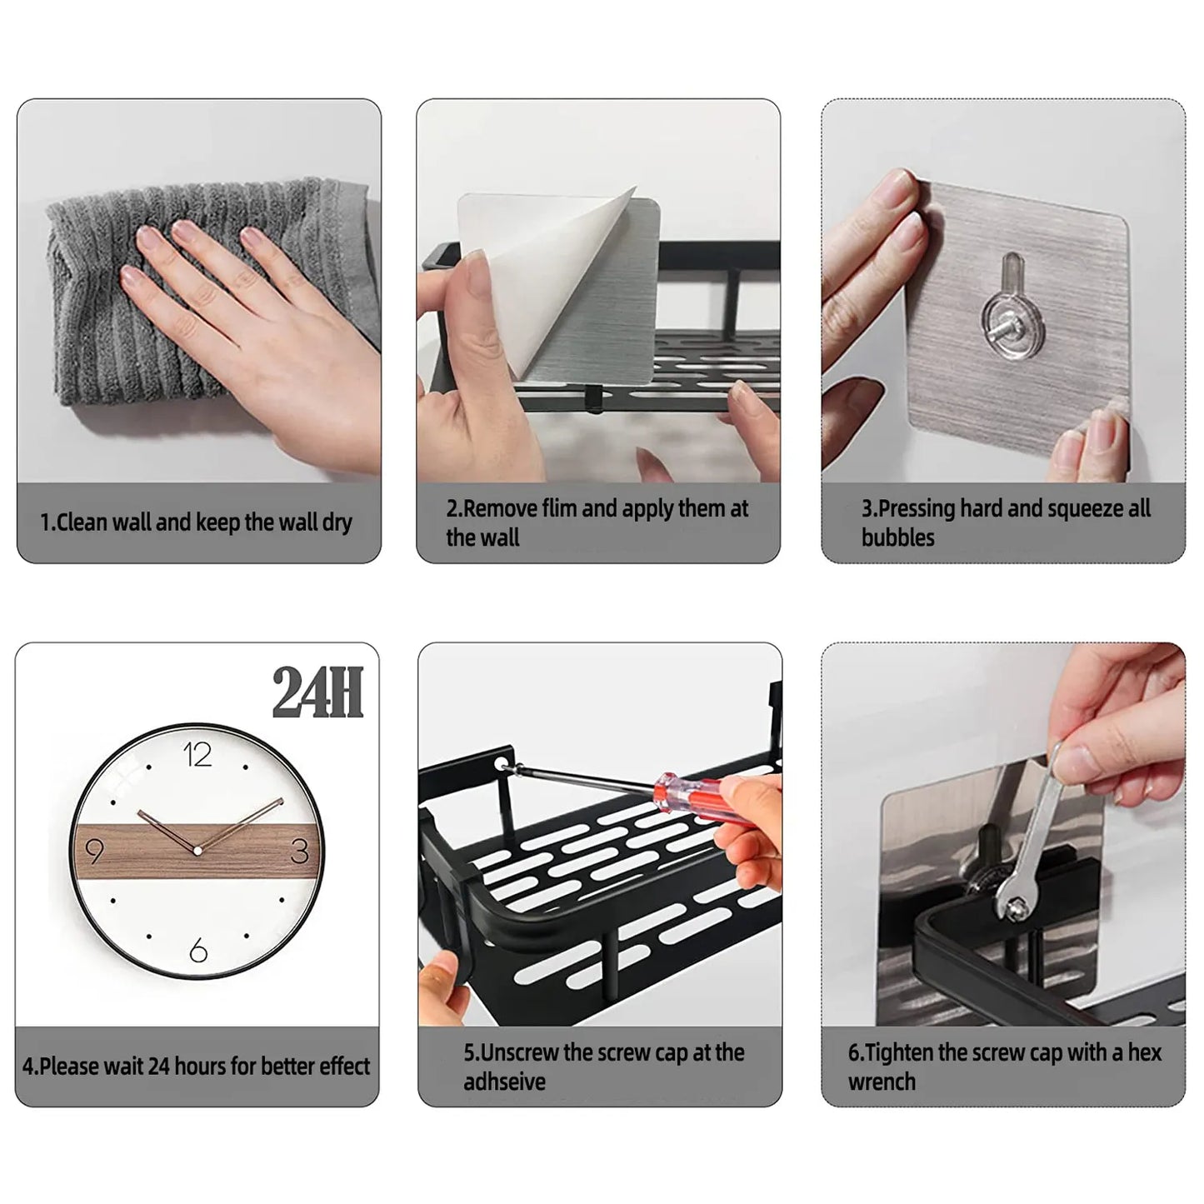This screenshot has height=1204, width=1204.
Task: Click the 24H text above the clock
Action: tap(317, 693)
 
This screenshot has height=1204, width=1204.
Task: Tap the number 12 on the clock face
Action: tap(197, 755)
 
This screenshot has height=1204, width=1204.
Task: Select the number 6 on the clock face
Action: tap(198, 950)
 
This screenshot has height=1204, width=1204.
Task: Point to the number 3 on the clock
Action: tap(300, 851)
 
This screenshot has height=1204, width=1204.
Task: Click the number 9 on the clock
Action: tap(94, 852)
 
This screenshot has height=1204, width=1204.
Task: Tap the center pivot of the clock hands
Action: tap(197, 851)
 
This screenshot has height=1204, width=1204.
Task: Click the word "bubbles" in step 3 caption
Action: tap(897, 538)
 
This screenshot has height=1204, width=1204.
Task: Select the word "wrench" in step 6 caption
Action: tap(882, 1082)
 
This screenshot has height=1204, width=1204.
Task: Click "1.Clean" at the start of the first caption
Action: tap(73, 522)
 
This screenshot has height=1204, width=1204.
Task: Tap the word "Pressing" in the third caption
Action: tap(917, 508)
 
